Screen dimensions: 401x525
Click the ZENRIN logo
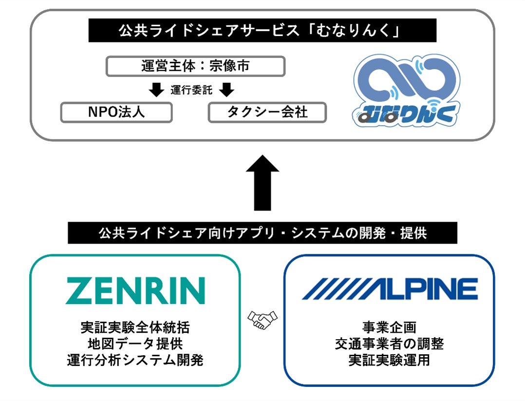coord(135,291)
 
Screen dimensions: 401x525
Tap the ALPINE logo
coord(390,289)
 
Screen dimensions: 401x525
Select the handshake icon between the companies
coord(262,319)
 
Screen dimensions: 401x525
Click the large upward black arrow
coord(262,183)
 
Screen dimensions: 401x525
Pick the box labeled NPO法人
coord(116,112)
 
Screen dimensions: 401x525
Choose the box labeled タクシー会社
coord(267,112)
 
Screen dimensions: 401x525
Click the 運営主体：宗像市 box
coord(195,66)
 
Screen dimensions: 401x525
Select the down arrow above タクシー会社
coord(227,90)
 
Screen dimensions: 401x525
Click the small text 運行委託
coord(191,90)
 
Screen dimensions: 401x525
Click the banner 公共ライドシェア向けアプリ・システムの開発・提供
coord(262,233)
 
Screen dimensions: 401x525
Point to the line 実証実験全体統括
coord(135,327)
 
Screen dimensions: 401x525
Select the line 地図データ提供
coord(135,344)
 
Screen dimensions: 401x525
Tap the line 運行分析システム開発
coord(135,361)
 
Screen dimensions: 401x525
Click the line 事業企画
coord(389,327)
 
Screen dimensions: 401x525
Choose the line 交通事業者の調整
coord(389,344)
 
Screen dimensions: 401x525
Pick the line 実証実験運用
coord(389,361)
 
